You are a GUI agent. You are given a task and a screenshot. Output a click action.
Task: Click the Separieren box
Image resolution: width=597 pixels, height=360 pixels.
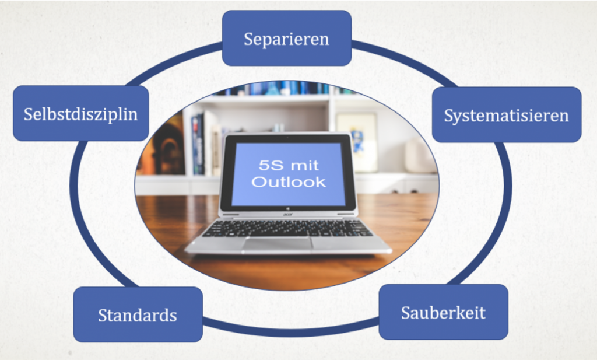tap(287, 38)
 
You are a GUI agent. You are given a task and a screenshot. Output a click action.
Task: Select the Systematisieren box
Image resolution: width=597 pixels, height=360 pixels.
tap(507, 115)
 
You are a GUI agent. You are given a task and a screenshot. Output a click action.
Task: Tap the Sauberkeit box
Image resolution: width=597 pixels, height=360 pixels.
tap(444, 312)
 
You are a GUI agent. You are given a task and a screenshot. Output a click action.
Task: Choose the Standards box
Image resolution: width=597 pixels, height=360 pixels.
tap(138, 314)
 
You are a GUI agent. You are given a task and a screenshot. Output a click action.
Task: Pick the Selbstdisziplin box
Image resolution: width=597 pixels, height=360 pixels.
tap(80, 114)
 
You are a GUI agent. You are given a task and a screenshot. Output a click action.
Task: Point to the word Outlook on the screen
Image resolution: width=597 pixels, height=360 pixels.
tap(289, 182)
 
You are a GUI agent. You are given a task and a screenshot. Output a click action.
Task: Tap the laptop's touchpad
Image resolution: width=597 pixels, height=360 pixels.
tap(277, 243)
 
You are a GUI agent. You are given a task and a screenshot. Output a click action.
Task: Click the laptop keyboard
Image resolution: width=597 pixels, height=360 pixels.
tap(287, 228)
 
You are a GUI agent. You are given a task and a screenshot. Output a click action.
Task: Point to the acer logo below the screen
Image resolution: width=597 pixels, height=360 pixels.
tap(287, 215)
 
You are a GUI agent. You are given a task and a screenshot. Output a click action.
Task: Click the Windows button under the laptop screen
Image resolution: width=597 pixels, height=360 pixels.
tap(287, 209)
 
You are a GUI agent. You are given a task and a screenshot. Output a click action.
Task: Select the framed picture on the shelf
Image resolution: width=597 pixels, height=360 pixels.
tap(357, 142)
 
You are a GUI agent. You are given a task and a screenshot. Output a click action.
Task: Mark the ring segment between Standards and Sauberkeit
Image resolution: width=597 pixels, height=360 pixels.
tap(290, 331)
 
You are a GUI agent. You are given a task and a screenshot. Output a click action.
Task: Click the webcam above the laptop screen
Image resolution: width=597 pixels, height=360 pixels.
tap(287, 137)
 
